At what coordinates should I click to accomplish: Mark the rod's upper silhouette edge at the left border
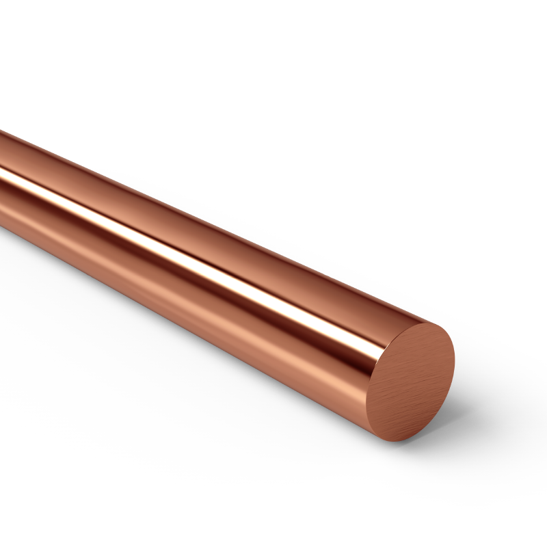point(2,131)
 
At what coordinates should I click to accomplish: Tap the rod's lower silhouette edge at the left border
point(2,230)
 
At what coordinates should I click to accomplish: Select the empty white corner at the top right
point(520,27)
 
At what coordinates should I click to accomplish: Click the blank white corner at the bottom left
point(27,520)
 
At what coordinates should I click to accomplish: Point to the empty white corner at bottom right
point(520,520)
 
